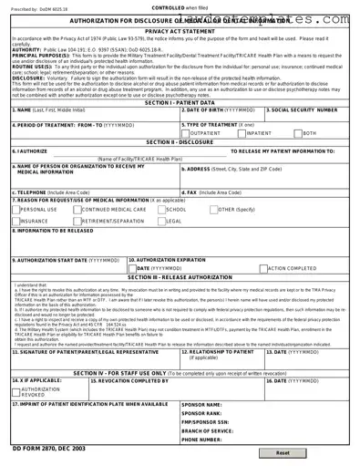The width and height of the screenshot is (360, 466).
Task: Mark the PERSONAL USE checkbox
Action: coord(15,209)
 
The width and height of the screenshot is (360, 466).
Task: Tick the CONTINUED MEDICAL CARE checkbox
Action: coord(77,209)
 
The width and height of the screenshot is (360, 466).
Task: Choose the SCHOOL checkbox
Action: coord(161,209)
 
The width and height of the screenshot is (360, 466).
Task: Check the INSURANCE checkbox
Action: coord(15,221)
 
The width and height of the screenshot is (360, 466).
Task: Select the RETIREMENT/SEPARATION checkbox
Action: coord(77,221)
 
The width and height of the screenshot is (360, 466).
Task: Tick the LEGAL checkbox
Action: coord(161,221)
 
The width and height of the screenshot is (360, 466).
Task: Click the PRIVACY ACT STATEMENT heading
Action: coord(179,30)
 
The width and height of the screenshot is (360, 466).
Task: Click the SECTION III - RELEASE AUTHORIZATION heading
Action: coord(179,277)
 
